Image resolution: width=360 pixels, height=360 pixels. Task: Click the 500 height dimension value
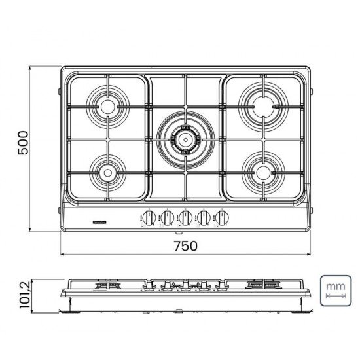(x=22, y=142)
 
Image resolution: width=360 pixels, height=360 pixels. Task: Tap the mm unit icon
(x=336, y=291)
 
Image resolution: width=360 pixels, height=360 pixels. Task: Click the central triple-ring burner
(x=185, y=138)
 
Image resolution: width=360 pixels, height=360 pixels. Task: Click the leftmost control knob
(x=148, y=219)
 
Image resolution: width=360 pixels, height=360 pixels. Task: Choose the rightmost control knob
(x=223, y=219)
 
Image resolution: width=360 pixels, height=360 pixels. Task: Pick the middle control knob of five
(x=185, y=219)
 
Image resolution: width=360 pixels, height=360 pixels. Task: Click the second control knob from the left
(x=167, y=219)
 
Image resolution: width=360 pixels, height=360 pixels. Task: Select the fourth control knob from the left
(x=204, y=219)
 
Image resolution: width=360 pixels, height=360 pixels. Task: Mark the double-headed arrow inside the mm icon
(x=336, y=297)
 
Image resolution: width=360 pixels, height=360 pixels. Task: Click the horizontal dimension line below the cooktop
(x=185, y=255)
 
